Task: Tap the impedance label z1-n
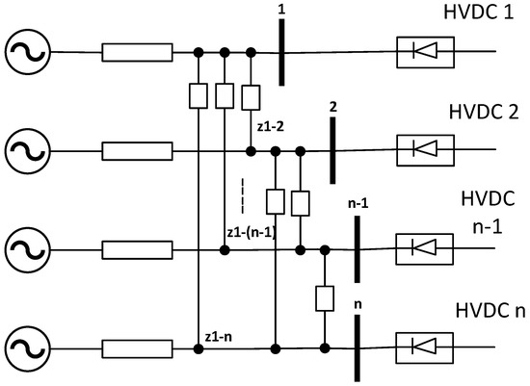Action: click(x=221, y=336)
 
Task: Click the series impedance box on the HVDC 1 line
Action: click(x=138, y=51)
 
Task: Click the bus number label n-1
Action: click(x=358, y=203)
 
